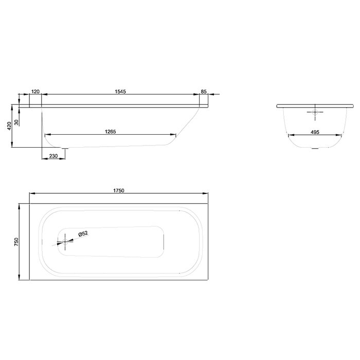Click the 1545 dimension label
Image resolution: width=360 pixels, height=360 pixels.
click(120, 92)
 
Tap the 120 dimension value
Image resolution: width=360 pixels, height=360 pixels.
click(35, 92)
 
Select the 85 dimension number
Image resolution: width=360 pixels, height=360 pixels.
click(204, 92)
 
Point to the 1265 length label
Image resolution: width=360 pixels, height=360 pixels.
click(111, 132)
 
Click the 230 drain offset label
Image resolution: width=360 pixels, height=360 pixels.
click(53, 156)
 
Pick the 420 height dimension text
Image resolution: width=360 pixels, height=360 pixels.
click(9, 126)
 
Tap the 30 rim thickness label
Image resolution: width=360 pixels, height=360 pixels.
click(16, 122)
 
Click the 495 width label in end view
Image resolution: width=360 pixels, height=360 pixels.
click(315, 132)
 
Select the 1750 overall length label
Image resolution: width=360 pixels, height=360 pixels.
click(119, 190)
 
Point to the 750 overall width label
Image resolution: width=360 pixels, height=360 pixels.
click(16, 242)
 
